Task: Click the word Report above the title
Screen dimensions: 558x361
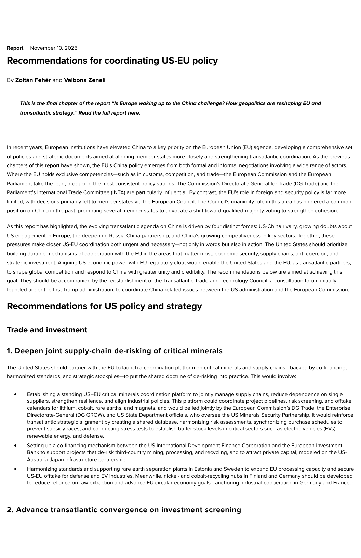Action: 15,48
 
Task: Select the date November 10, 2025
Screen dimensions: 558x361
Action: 54,48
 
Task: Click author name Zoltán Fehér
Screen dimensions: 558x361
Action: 33,80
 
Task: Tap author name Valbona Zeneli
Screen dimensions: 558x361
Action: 84,80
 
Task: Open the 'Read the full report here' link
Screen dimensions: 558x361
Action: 109,113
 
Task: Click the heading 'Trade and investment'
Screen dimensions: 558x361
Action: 47,330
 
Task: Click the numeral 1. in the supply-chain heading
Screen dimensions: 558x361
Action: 10,351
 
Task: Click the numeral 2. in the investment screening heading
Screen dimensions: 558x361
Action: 10,510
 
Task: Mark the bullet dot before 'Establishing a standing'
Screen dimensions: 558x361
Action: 15,394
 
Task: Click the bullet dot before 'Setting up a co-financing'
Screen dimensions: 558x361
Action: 15,446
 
